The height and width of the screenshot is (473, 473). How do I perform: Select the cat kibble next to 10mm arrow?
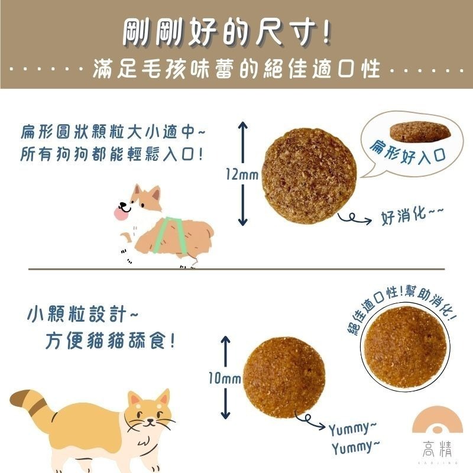[284, 378]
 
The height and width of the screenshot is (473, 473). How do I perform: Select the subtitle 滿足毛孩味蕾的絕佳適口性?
[237, 71]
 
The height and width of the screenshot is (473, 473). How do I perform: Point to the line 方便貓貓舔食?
[109, 342]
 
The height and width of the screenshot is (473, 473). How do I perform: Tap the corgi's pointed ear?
[154, 193]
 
